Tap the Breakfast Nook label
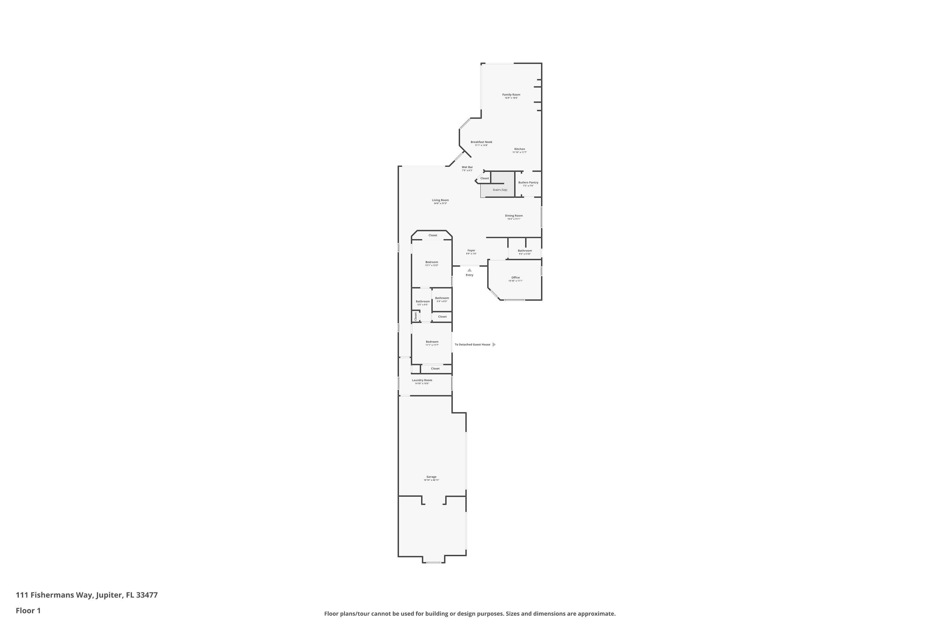pos(481,142)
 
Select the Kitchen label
pos(520,149)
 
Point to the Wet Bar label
pos(467,167)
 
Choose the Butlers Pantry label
pos(528,183)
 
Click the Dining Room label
pos(514,216)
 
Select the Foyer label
pos(471,251)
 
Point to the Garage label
pos(431,477)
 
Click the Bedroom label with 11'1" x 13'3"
pos(432,262)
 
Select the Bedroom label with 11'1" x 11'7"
pos(432,342)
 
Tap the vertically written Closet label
pos(416,316)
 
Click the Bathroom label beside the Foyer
pos(525,251)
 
